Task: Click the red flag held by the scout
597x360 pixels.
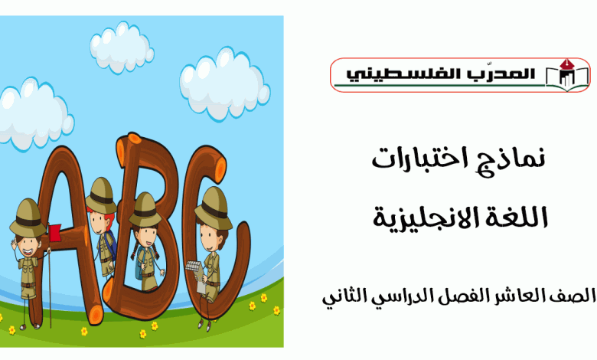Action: tap(55, 232)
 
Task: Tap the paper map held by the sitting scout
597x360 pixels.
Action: tap(197, 273)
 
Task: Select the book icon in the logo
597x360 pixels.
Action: tap(567, 75)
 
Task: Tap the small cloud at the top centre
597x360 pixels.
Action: tap(122, 47)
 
